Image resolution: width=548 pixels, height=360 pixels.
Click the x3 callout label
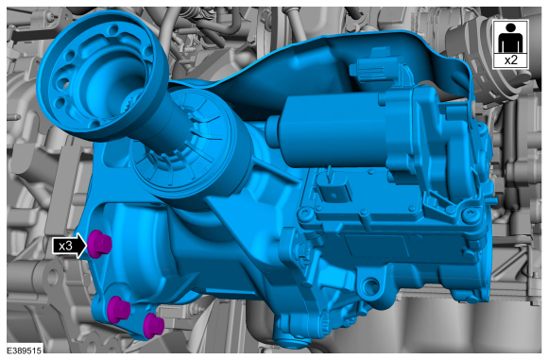tap(65, 246)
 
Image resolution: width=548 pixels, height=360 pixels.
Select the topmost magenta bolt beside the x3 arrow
tap(99, 244)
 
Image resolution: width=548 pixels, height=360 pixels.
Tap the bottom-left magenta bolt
tap(118, 310)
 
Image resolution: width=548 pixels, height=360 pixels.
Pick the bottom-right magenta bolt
tap(153, 325)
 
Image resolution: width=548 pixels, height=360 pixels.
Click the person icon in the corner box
tap(510, 38)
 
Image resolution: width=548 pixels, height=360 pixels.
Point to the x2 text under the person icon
tap(510, 60)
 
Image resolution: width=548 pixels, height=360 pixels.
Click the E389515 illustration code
tap(25, 351)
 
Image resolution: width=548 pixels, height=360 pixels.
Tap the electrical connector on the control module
tap(331, 186)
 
